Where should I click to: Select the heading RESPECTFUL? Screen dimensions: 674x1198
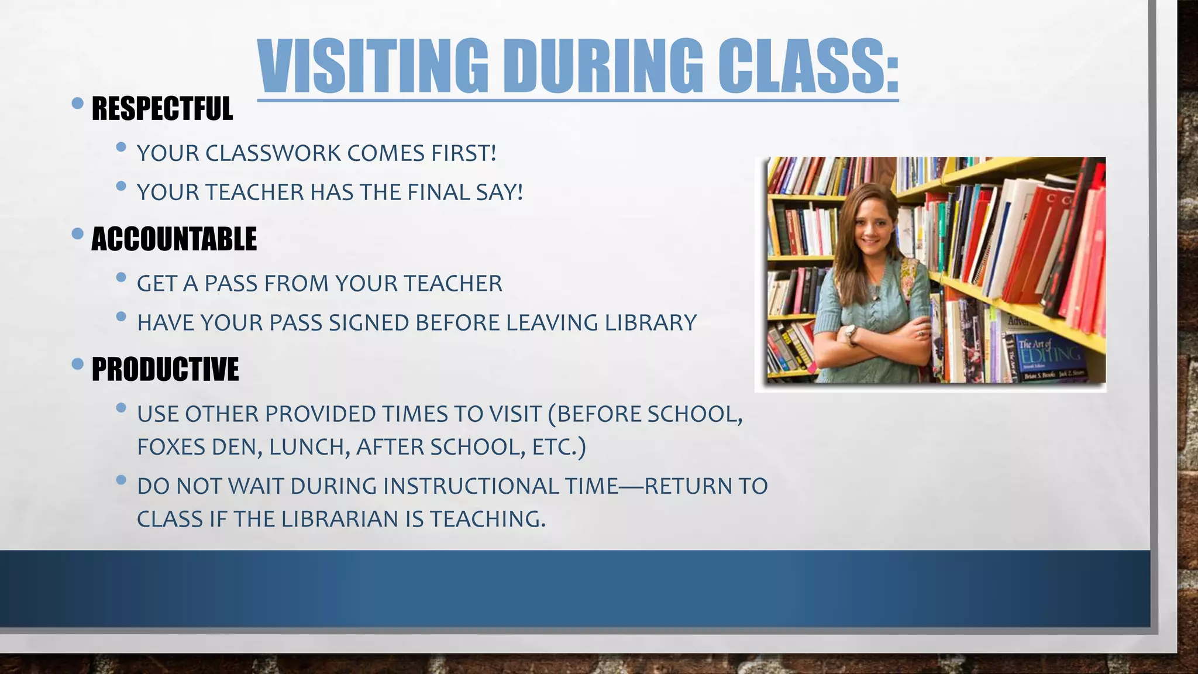(162, 109)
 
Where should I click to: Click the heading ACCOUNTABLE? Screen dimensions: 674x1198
(174, 239)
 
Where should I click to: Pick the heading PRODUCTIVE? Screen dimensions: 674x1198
(165, 370)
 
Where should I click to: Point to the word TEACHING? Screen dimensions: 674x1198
(487, 519)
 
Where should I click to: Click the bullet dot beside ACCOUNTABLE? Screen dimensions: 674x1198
(77, 234)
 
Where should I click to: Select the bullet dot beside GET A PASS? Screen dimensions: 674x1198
(121, 277)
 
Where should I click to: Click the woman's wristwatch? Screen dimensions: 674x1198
(849, 333)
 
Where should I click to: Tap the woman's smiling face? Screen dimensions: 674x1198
(870, 225)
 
